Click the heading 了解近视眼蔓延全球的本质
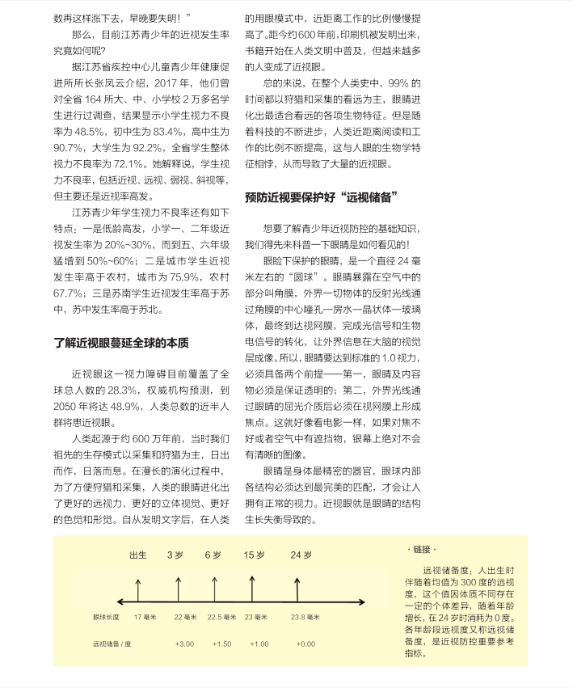[x=121, y=342]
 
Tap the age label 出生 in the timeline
[x=138, y=555]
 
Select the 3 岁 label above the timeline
[x=176, y=555]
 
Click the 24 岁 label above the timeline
[x=301, y=555]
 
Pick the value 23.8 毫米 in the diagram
[x=304, y=617]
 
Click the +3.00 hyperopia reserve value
[x=184, y=644]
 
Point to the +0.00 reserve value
[x=305, y=644]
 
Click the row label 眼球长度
[x=106, y=617]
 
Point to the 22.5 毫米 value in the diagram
[x=224, y=617]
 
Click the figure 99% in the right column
[x=399, y=83]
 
